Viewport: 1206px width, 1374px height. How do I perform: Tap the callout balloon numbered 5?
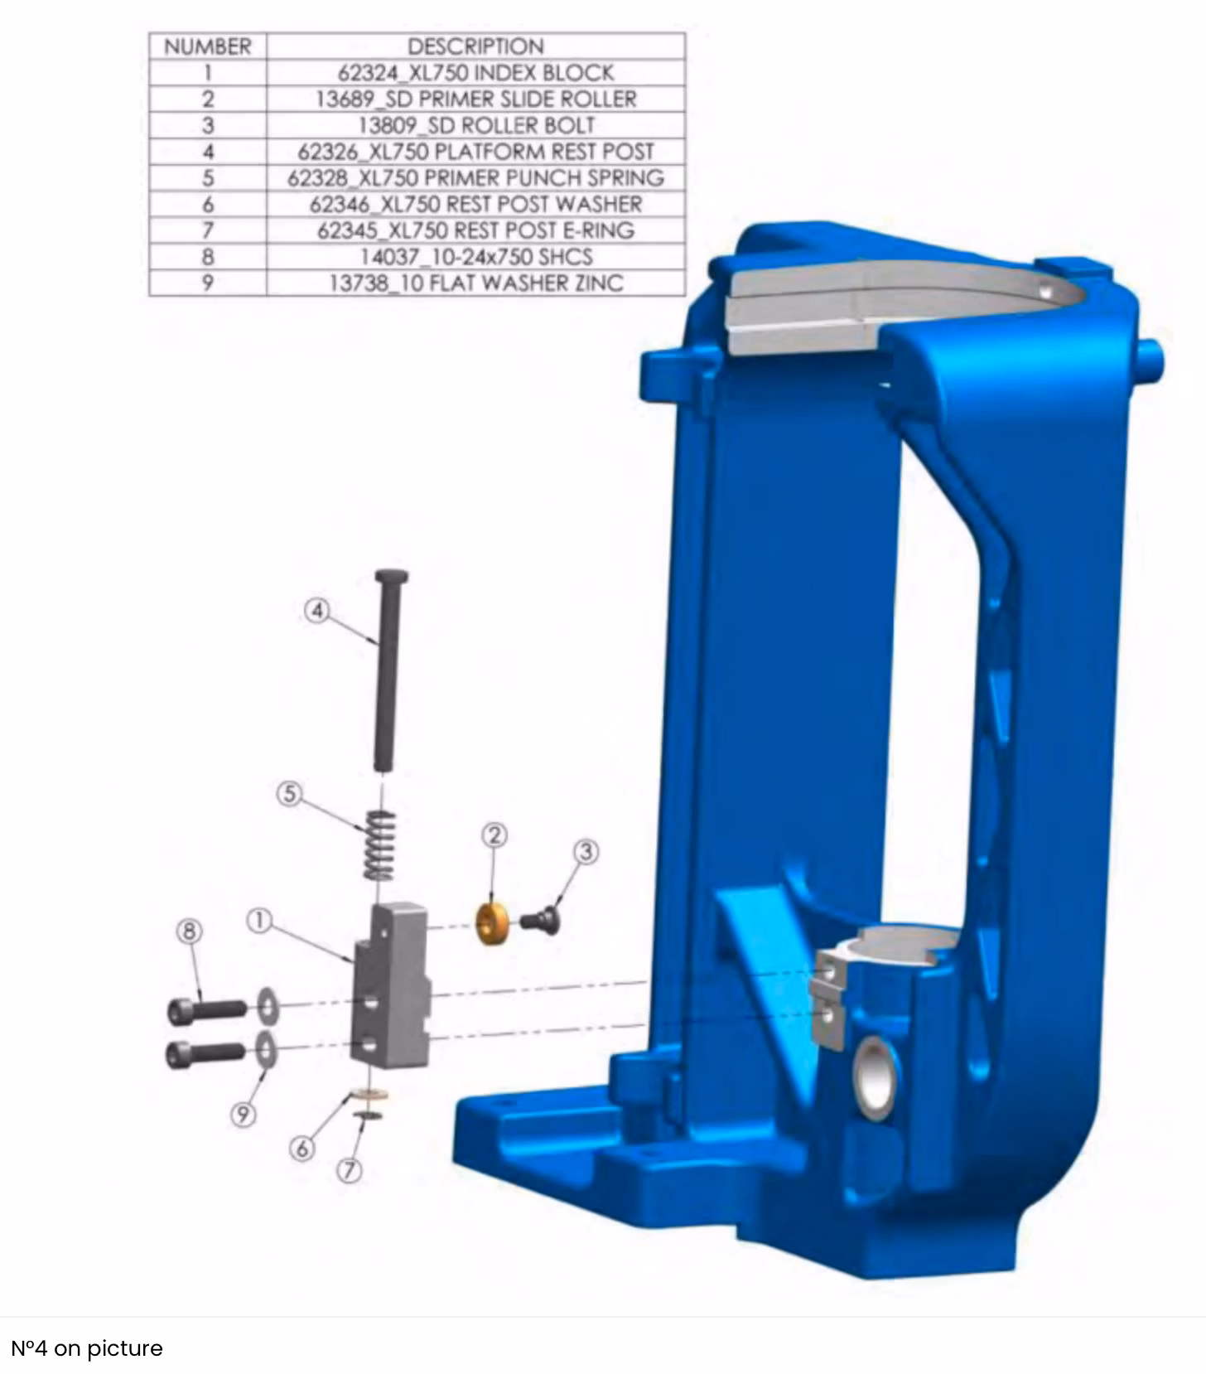point(289,793)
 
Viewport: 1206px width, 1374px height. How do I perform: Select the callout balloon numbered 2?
point(494,835)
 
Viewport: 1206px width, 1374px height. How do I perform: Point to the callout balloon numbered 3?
point(586,851)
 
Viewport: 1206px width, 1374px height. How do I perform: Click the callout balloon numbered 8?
point(190,931)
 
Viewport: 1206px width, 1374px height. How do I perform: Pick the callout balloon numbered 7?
point(350,1170)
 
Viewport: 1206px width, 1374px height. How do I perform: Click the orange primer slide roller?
point(492,923)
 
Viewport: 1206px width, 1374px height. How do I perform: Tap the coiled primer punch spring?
point(380,844)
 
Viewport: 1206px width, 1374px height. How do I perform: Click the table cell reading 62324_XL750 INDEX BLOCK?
point(475,72)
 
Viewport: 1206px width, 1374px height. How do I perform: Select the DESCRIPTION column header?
point(475,46)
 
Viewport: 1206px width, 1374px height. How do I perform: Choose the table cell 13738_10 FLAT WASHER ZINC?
point(475,283)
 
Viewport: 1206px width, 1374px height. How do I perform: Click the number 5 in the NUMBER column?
point(208,177)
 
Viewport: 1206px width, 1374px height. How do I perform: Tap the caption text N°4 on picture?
point(87,1348)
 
